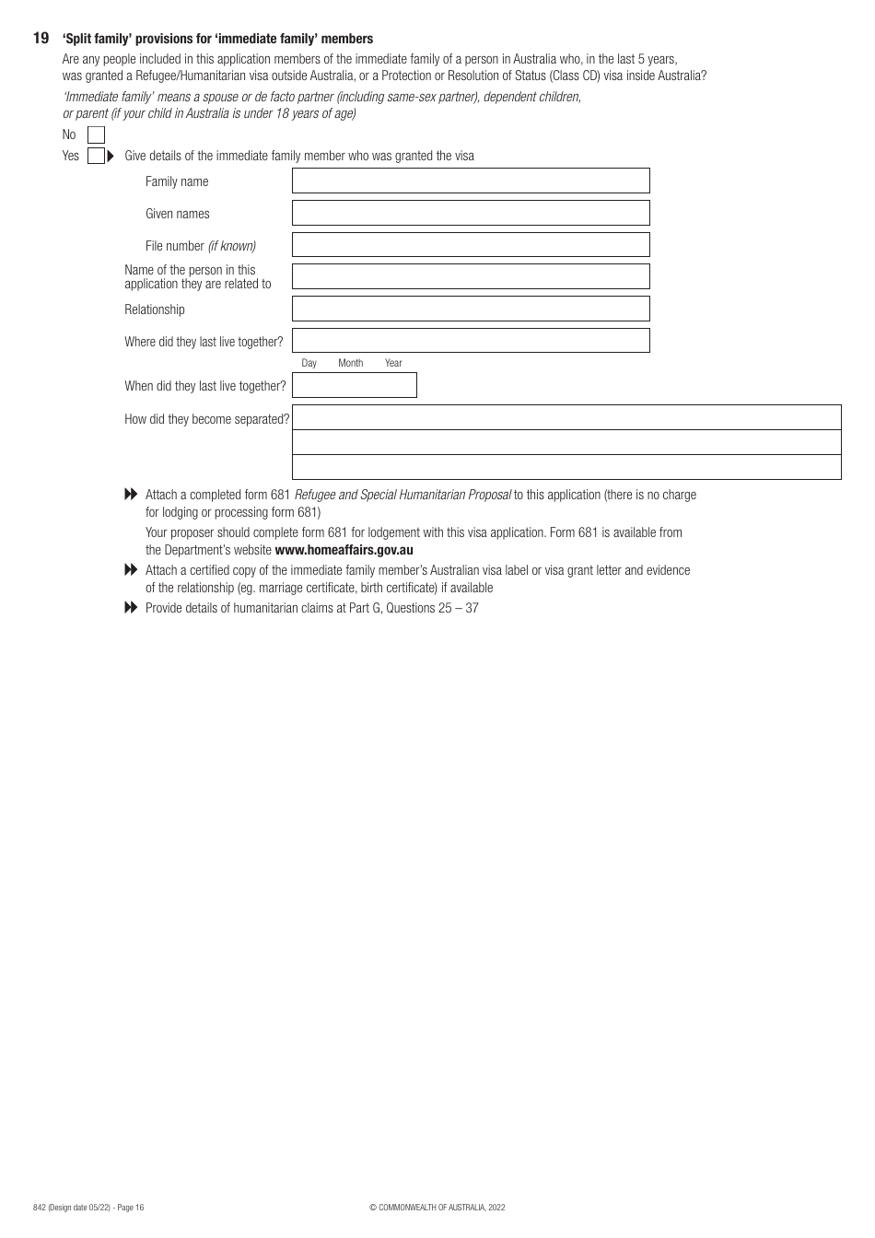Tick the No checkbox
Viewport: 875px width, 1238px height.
point(96,135)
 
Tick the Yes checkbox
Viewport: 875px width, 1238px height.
point(96,156)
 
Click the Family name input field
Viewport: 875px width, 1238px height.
point(471,181)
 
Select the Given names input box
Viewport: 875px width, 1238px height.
point(471,213)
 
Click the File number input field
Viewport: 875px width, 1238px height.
point(471,245)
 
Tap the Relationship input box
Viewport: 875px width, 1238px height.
point(471,309)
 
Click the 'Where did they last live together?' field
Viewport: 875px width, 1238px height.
point(471,341)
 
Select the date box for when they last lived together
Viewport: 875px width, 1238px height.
point(355,385)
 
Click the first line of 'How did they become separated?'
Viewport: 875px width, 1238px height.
point(566,417)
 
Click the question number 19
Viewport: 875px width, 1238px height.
point(41,39)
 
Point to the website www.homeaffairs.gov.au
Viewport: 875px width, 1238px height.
point(344,550)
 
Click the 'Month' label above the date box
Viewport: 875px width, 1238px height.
point(350,363)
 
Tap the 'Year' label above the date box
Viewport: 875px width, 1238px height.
point(393,363)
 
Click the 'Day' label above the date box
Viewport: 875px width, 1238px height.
point(309,363)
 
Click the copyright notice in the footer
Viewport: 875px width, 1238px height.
point(437,1208)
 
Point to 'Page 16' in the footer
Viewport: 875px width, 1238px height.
point(130,1208)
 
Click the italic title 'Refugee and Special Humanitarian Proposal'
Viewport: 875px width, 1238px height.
point(402,495)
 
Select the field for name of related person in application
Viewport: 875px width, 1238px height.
point(471,276)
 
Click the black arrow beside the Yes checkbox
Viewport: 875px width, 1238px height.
point(111,156)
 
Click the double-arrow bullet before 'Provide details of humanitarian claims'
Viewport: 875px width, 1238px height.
point(131,608)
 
